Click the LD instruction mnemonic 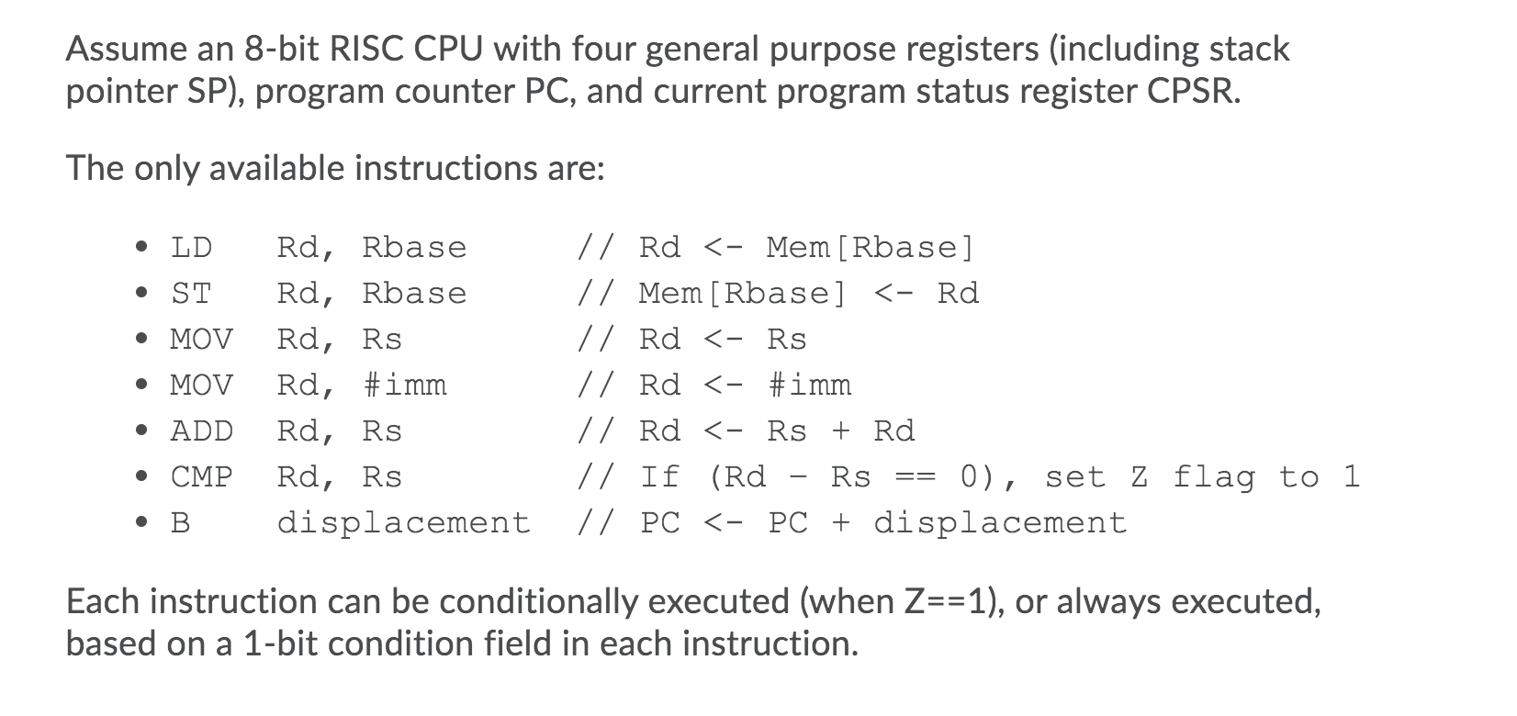point(191,248)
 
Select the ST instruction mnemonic point(191,294)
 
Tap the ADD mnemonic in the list point(202,431)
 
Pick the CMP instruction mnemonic point(202,477)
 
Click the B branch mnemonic point(181,523)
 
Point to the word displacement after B point(404,523)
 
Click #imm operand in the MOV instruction point(404,386)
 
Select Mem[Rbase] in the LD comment point(870,248)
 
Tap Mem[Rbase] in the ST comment point(742,294)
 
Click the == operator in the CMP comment point(915,477)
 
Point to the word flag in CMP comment point(1215,477)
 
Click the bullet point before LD point(140,248)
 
